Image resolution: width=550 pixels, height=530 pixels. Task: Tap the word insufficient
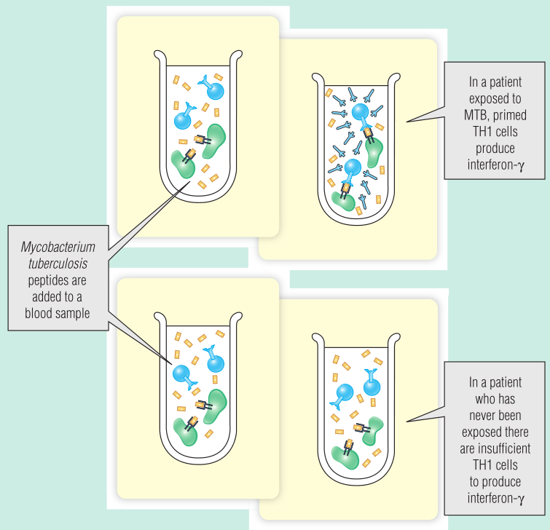504,448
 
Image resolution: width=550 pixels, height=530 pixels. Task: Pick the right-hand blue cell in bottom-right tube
372,386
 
